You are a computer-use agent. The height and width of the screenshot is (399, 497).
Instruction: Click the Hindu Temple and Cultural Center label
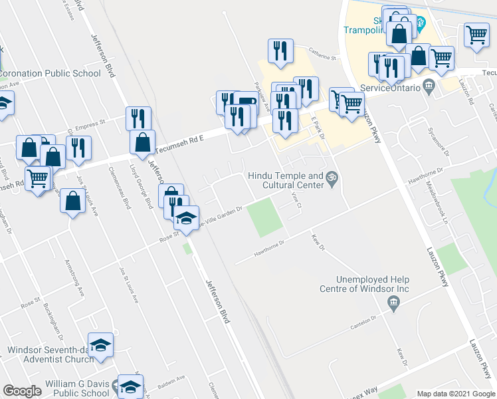[x=285, y=180]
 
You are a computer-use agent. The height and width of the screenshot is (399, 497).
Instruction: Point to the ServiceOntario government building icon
[x=429, y=86]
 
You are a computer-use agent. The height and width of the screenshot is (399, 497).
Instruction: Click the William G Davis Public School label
[x=77, y=388]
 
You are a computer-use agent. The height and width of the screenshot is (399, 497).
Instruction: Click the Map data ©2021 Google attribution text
[x=456, y=394]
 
